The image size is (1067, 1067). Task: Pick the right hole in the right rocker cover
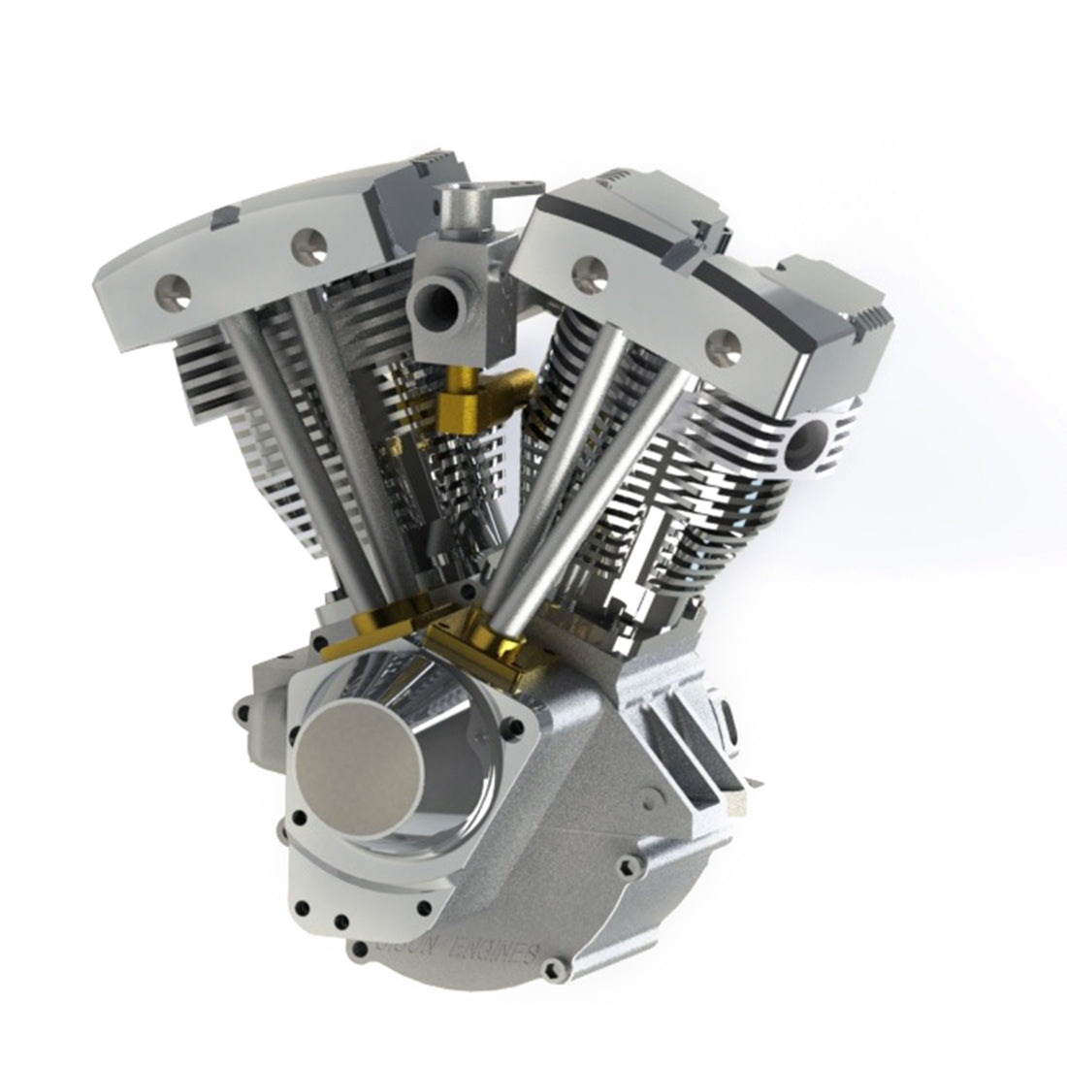720,340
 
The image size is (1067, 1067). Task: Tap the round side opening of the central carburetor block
441,307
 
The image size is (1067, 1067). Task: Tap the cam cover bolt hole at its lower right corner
424,908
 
